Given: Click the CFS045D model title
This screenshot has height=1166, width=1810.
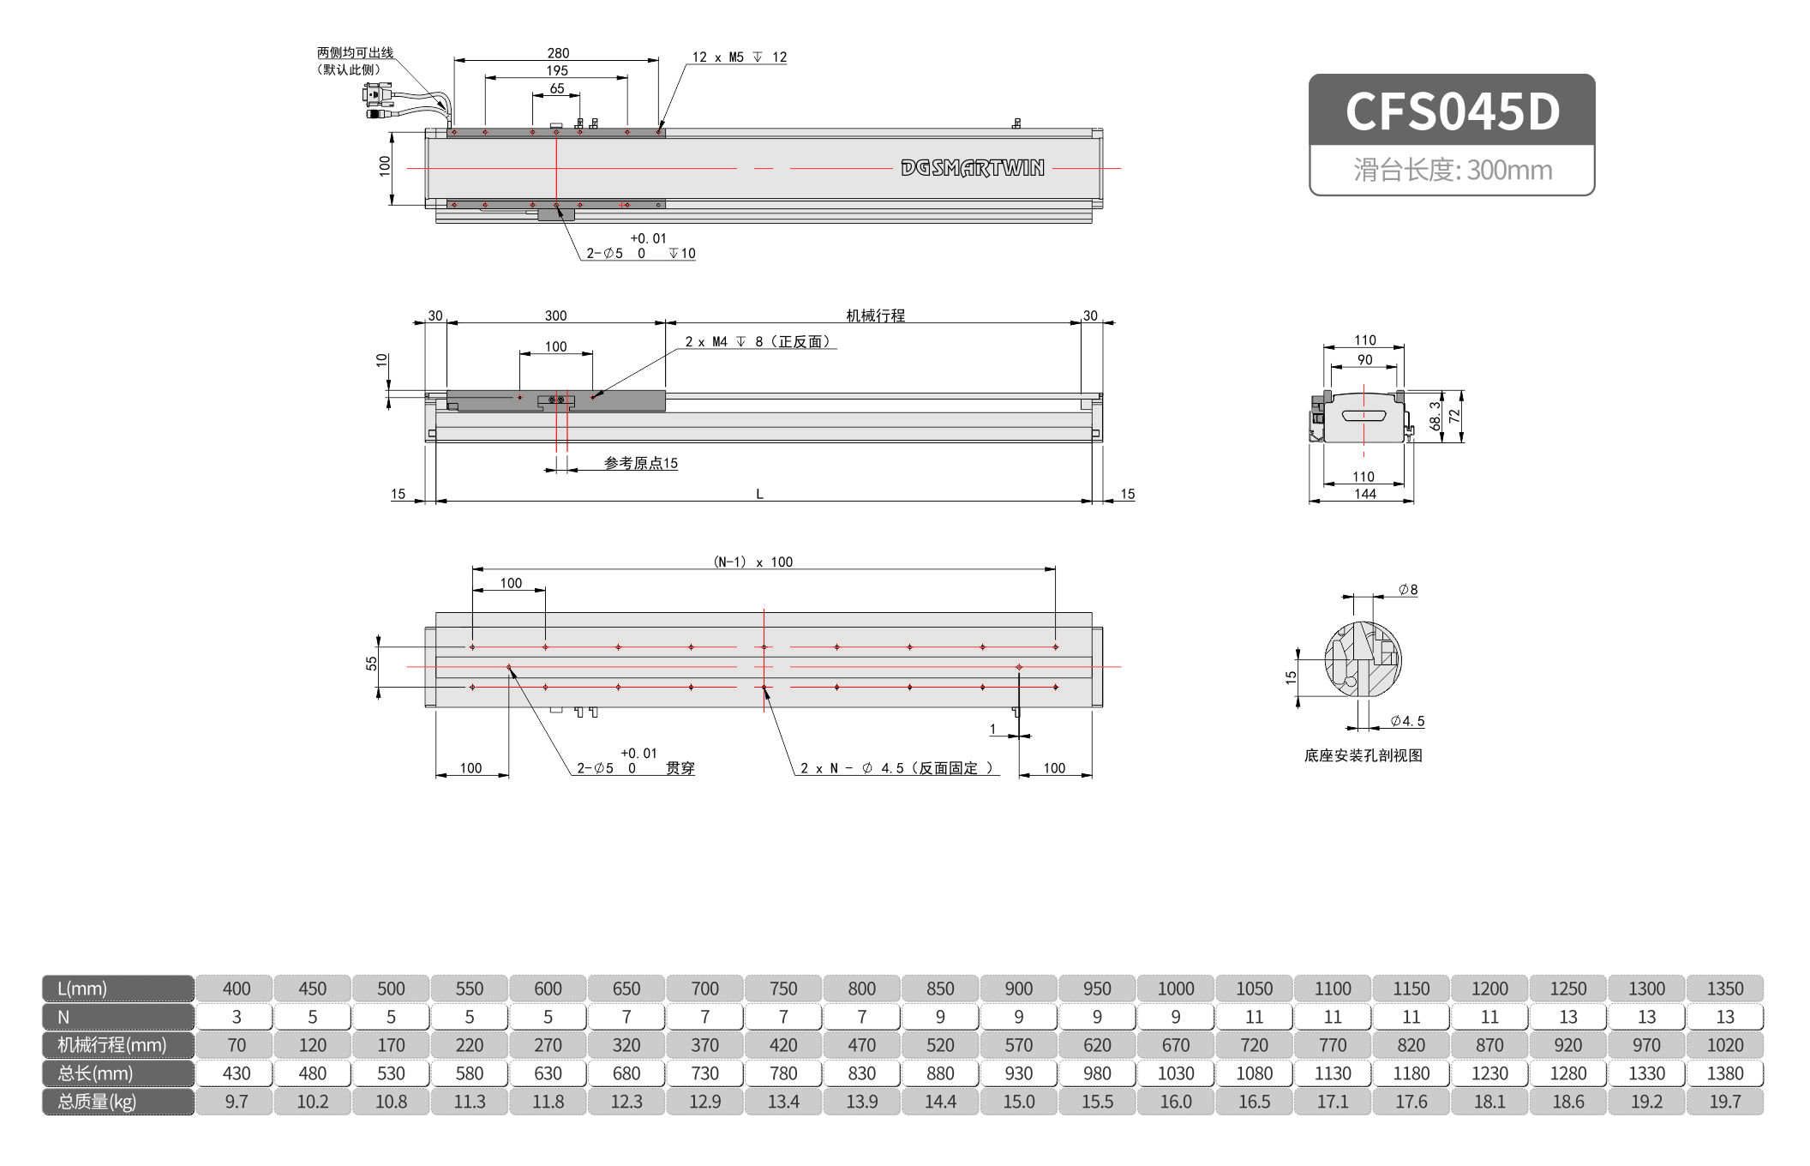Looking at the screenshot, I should (x=1452, y=111).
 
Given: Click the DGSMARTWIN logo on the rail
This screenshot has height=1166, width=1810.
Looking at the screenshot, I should (x=972, y=168).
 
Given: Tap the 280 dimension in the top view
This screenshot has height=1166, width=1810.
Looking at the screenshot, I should (x=558, y=53).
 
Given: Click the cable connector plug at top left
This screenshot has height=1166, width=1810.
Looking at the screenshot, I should (x=378, y=94).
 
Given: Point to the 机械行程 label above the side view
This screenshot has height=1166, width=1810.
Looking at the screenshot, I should (x=875, y=316).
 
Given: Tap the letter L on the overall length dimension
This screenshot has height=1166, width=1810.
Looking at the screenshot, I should (x=759, y=494).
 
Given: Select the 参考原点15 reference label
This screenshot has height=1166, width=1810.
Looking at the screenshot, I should (x=640, y=464).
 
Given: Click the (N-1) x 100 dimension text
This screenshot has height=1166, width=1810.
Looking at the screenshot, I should (x=753, y=562).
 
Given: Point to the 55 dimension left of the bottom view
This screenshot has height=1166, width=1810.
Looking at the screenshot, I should (x=371, y=664).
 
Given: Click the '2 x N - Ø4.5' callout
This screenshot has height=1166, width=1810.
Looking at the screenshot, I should (x=896, y=768).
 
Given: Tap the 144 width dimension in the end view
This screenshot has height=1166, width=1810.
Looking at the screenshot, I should (x=1364, y=494).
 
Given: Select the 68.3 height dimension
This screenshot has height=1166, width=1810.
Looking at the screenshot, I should (x=1435, y=416).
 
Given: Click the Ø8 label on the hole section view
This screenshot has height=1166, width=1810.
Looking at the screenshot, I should (x=1407, y=590).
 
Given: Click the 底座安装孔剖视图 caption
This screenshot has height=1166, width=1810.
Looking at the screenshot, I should (x=1363, y=755).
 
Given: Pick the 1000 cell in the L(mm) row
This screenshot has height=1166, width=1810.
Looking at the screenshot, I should (x=1175, y=989).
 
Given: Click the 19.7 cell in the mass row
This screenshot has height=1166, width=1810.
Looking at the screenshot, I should (x=1724, y=1102).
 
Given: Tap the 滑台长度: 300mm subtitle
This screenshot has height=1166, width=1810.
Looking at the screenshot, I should (x=1452, y=170).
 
